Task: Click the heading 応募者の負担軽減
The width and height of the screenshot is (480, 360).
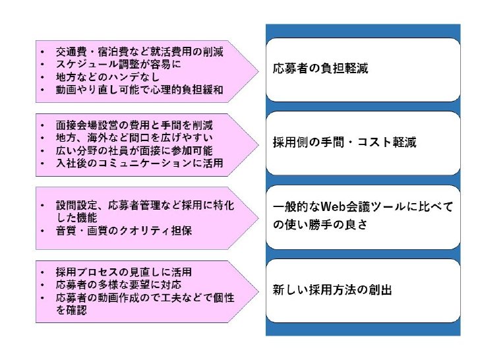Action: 320,69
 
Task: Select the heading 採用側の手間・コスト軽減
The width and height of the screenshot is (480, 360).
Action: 344,142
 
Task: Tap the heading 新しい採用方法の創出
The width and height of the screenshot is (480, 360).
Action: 332,289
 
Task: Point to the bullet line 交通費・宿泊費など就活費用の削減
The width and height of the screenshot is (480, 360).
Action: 140,51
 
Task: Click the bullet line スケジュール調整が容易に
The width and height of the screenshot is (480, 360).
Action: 118,65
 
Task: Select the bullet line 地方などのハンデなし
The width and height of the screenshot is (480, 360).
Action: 107,77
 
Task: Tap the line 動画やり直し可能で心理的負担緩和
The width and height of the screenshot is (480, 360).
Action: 140,90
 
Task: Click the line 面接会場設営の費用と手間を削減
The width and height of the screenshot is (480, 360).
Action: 135,125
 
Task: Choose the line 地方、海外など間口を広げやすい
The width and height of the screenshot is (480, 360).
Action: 135,138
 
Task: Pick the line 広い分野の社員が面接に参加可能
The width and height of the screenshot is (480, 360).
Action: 135,150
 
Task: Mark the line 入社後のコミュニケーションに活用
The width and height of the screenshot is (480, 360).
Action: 140,163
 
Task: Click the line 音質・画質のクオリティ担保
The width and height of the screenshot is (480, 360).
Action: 124,231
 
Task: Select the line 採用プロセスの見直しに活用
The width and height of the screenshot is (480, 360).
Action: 124,272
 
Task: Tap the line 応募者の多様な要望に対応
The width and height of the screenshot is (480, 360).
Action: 119,285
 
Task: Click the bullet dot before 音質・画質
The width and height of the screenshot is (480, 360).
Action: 42,231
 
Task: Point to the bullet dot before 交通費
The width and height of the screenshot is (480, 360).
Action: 42,52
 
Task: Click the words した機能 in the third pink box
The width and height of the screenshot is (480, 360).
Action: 77,218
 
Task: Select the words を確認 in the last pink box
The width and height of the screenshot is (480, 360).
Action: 71,310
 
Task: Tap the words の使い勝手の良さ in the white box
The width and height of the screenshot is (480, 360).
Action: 320,225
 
